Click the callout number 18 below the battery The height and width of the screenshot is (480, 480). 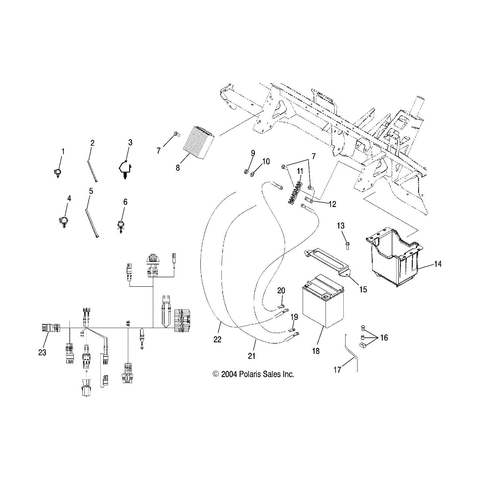point(316,351)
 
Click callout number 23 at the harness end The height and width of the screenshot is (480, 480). point(42,352)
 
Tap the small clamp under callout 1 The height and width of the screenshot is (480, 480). point(57,172)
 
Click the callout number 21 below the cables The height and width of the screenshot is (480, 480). point(252,356)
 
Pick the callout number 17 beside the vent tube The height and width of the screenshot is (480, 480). point(337,370)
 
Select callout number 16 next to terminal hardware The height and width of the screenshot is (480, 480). point(384,338)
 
